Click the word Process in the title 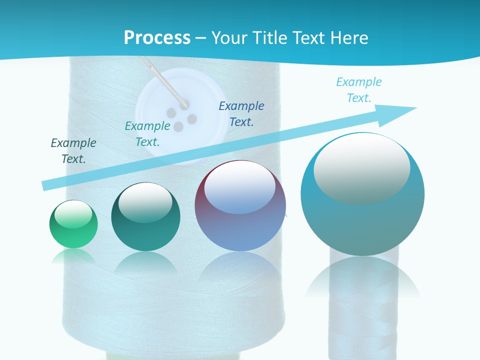pos(157,38)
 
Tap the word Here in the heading pos(348,38)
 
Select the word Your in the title pos(227,38)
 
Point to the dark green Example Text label pos(73,151)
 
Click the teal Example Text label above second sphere pos(147,134)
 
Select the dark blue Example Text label pos(241,113)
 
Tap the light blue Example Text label pos(359,89)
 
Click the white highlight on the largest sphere pos(361,167)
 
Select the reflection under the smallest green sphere pos(73,256)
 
